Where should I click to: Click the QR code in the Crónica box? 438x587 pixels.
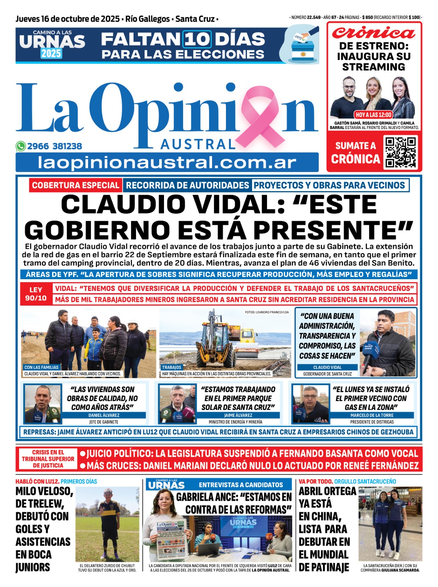401,152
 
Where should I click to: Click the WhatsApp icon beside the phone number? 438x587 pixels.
21,146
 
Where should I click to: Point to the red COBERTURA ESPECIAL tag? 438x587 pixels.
75,185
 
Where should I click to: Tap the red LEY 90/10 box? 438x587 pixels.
36,294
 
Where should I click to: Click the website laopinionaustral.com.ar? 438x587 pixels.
167,163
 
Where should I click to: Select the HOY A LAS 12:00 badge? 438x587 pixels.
373,114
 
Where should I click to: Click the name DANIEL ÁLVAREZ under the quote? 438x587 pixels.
104,415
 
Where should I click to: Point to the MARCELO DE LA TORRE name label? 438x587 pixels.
372,415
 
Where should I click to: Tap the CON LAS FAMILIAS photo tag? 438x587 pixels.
41,367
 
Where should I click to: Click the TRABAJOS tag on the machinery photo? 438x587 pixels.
172,367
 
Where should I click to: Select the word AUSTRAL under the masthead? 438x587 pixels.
198,144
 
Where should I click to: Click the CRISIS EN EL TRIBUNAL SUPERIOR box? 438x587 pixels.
48,459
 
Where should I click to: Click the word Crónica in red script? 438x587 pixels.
373,33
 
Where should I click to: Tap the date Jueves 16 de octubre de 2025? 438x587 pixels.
67,19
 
